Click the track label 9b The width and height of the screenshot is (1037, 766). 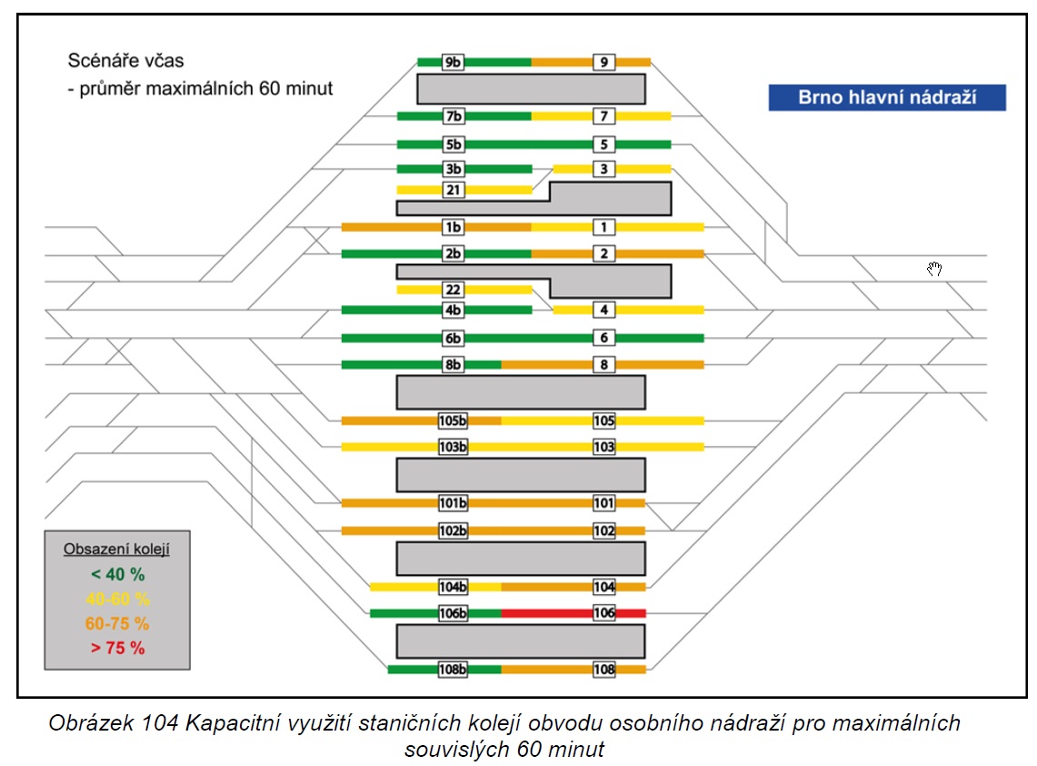[453, 62]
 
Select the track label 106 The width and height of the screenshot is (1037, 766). [603, 613]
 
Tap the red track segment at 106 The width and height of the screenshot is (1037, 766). [573, 613]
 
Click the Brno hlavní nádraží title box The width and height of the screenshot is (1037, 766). [887, 97]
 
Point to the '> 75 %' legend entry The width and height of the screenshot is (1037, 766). [118, 648]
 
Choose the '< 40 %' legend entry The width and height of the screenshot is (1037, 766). [118, 574]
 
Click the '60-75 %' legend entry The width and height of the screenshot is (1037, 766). [117, 623]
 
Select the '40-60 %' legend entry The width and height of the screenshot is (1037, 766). [118, 600]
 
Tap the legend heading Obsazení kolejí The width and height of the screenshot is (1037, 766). [116, 549]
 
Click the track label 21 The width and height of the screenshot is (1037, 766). [453, 190]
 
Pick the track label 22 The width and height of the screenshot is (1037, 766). [453, 290]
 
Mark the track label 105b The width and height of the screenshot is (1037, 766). [453, 421]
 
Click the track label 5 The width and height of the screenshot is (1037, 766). [603, 144]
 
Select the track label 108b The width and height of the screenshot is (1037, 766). [453, 670]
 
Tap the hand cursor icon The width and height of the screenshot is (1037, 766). [933, 269]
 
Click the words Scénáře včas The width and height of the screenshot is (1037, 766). [125, 61]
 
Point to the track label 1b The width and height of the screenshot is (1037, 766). [453, 227]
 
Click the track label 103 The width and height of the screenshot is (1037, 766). [603, 447]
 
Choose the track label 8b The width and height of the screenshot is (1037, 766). [453, 364]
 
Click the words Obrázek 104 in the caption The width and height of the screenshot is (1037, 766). [113, 723]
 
